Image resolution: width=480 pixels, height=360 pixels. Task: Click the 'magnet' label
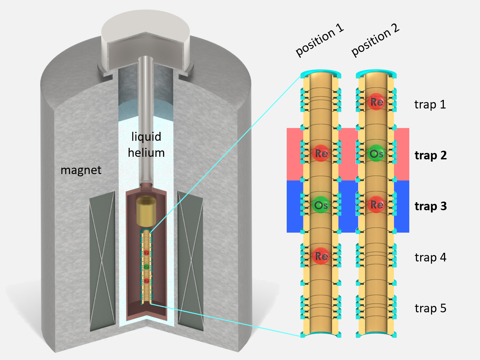point(81,170)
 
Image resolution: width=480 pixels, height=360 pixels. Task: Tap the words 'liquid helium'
point(146,145)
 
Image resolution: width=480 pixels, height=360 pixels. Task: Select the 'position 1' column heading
point(319,40)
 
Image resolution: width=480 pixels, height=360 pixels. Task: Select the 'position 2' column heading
point(375,40)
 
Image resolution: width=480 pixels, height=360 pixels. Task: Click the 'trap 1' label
point(430,105)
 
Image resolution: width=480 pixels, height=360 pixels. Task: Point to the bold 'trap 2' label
point(430,156)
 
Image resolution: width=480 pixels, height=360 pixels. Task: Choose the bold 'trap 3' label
point(430,206)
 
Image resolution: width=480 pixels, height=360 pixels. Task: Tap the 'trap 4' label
point(430,257)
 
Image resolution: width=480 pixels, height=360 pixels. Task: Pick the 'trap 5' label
point(430,308)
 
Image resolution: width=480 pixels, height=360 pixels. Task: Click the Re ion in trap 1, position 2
point(377,102)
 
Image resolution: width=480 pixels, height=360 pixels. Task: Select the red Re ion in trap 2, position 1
point(321,153)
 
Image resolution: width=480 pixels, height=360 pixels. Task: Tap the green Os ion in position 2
point(376,154)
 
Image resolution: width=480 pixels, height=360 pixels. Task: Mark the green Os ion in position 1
point(321,205)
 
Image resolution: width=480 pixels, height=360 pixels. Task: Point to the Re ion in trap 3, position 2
point(377,205)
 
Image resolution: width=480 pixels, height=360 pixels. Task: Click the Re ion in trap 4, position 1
point(321,256)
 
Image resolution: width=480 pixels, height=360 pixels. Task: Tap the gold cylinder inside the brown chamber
point(146,211)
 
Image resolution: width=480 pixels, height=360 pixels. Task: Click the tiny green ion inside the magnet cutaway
point(147,267)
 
